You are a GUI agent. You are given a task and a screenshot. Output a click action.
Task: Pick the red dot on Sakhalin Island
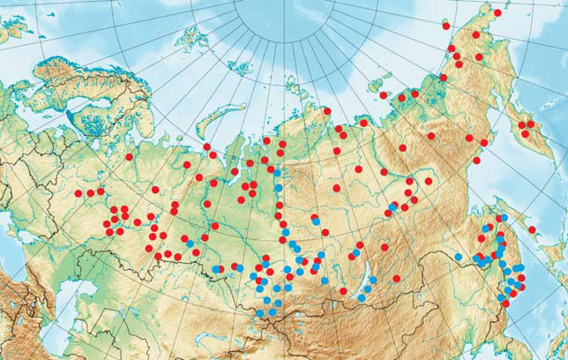(533, 231)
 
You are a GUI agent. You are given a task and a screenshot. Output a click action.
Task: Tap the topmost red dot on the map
(497, 13)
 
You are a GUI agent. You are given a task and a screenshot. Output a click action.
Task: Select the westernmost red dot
(78, 193)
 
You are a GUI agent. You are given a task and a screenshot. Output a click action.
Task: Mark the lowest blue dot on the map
(262, 311)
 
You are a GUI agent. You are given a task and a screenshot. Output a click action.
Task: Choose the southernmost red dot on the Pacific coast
(505, 304)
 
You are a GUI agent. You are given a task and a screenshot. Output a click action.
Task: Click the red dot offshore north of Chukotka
(384, 94)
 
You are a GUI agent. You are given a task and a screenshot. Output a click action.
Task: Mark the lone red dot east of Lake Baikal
(396, 277)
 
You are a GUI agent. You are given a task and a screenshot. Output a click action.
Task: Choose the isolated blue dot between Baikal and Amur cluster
(458, 257)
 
